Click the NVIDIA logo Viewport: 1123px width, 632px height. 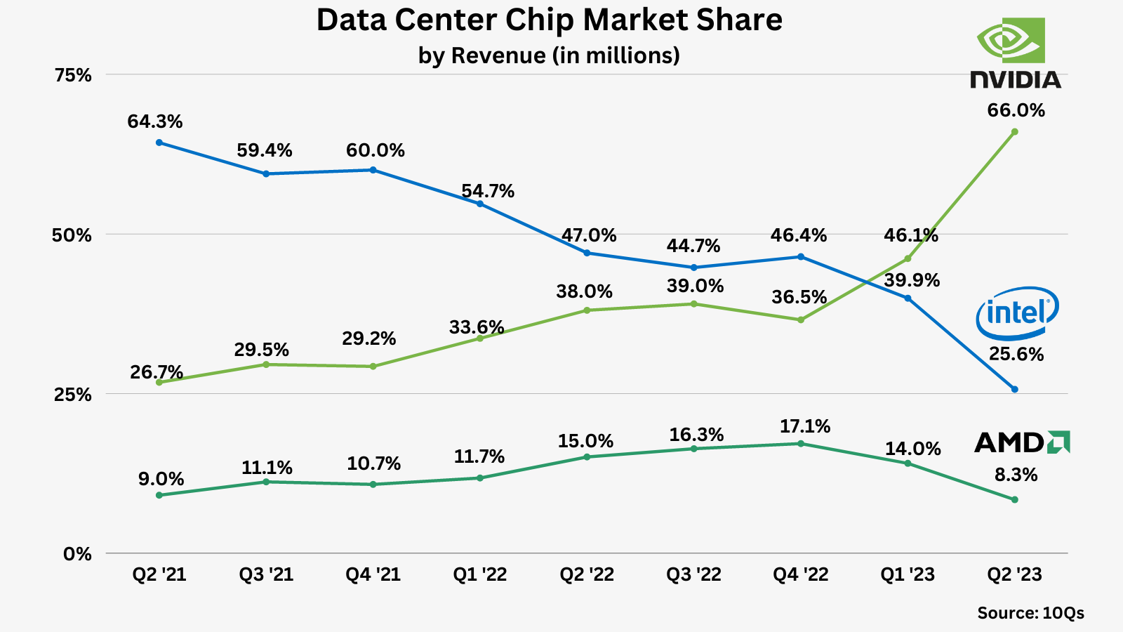[x=1015, y=53]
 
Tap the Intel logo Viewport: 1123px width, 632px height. [x=1017, y=312]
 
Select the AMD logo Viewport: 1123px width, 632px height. [x=1022, y=442]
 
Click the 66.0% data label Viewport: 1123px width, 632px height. [x=1016, y=110]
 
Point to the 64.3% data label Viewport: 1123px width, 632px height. [x=155, y=121]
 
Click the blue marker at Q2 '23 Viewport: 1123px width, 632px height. [x=1014, y=389]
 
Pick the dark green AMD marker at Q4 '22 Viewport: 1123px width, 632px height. [x=801, y=444]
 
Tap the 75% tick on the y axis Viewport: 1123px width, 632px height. [x=73, y=75]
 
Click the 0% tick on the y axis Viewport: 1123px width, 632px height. [x=77, y=554]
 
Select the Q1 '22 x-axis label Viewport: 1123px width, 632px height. [x=480, y=574]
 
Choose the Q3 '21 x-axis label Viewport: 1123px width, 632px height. [x=266, y=574]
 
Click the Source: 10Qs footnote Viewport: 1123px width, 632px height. [x=1030, y=613]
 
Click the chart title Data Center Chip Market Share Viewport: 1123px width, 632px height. [x=549, y=20]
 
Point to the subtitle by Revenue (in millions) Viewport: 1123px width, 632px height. [x=549, y=55]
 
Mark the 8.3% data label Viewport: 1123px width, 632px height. [x=1016, y=475]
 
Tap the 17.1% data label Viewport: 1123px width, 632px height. [x=804, y=426]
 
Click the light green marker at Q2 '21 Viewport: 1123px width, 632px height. [x=159, y=383]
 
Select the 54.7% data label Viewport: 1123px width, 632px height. [x=488, y=191]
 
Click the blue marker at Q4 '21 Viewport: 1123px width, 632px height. [x=373, y=170]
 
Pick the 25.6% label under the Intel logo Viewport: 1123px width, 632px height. [x=1016, y=354]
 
